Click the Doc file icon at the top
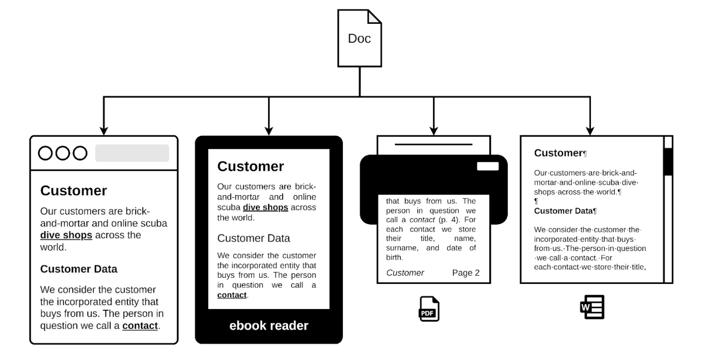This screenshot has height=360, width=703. [x=359, y=39]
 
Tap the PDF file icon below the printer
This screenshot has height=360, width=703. [x=429, y=309]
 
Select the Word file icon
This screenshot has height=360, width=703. [x=592, y=307]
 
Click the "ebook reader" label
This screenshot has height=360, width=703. [x=268, y=326]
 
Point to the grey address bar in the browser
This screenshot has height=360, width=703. [x=132, y=153]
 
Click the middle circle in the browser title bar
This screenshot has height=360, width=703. [x=63, y=153]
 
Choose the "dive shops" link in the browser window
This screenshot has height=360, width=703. [x=66, y=235]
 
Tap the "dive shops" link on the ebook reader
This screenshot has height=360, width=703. [x=265, y=208]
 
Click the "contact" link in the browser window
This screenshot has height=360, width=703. [x=140, y=326]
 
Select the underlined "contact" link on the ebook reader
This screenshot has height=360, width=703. [x=232, y=295]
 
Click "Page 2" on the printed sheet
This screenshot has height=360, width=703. [x=466, y=273]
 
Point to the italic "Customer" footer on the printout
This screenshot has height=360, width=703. [x=405, y=273]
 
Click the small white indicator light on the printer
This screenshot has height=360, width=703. [x=488, y=167]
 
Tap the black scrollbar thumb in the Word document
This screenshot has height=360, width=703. [x=668, y=161]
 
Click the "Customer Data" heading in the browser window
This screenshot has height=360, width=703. [x=79, y=269]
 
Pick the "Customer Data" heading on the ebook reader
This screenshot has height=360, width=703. [x=254, y=238]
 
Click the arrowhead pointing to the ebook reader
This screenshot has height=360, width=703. [x=269, y=131]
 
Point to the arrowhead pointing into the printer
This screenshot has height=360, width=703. [x=434, y=131]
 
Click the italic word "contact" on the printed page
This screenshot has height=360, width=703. [x=422, y=220]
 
